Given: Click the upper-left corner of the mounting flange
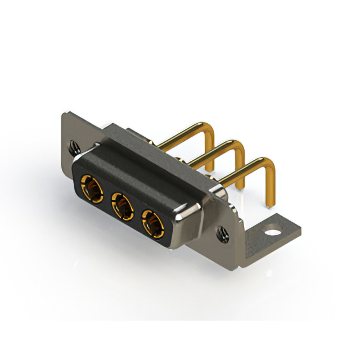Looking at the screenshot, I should [x=64, y=115].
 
